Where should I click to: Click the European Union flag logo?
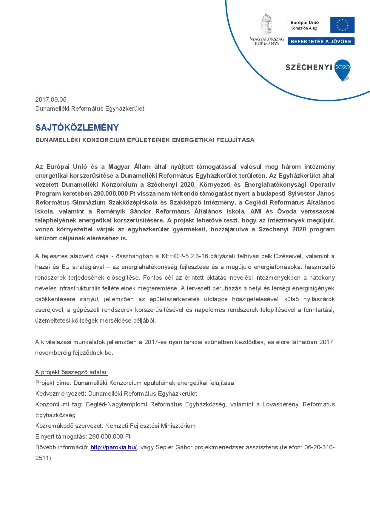coord(342,25)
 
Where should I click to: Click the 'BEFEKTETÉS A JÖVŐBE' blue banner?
coord(321,41)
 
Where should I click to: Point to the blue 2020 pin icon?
coord(343,70)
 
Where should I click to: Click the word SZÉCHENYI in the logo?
coord(309,67)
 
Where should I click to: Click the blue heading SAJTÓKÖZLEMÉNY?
coord(77,128)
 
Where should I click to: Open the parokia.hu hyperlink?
coord(114,447)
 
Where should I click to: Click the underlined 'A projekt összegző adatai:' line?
coord(72,372)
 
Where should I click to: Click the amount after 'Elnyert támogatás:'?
coord(110,437)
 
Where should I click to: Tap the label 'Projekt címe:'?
coord(53,383)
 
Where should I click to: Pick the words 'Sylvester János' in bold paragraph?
coord(311,194)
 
